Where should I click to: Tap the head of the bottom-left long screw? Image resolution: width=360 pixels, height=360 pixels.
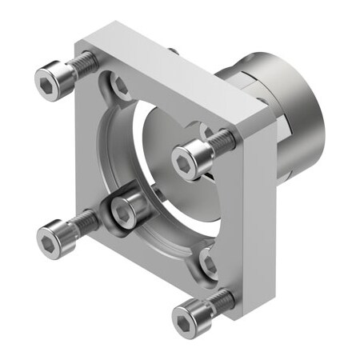click(52, 237)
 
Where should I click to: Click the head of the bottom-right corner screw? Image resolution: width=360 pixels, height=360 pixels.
click(186, 320)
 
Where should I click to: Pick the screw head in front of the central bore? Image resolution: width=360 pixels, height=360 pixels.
click(187, 163)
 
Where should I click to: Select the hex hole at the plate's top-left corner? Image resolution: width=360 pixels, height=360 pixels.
click(120, 85)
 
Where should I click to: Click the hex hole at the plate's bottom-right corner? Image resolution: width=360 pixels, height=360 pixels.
click(207, 262)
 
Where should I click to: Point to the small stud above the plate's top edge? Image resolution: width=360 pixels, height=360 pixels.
click(173, 51)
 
